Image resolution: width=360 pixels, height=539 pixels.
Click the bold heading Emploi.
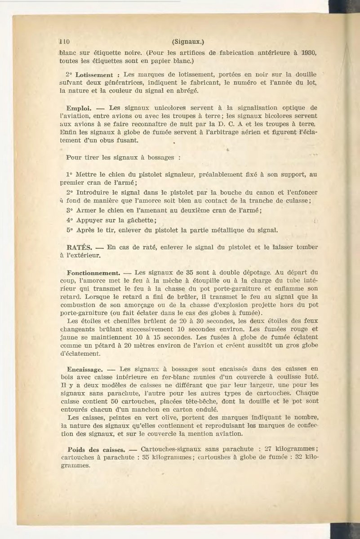[x=79, y=108]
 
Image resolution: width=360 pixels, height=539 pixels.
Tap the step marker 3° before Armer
[x=70, y=210]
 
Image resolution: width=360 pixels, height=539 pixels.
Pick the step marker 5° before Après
[x=70, y=230]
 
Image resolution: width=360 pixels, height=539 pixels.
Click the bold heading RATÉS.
[x=79, y=247]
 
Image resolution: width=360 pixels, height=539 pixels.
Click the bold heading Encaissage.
[x=85, y=369]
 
